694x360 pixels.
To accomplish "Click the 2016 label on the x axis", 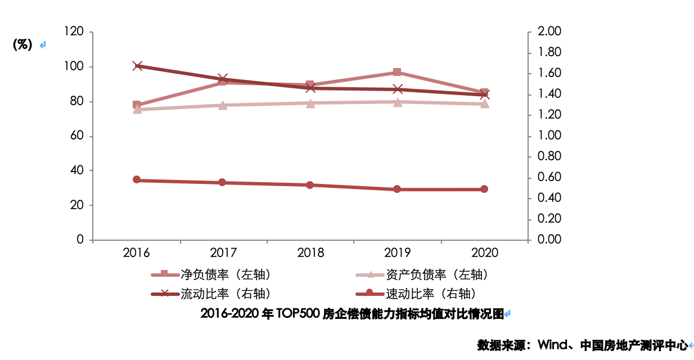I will pos(137,253).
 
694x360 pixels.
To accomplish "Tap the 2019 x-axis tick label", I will pos(397,253).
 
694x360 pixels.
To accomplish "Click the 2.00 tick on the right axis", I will pos(549,33).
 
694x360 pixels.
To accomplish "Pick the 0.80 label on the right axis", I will pos(549,156).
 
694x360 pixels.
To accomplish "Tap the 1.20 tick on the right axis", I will pos(549,115).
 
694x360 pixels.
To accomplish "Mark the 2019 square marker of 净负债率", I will pos(397,72).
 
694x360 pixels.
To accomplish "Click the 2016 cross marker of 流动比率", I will pos(137,66).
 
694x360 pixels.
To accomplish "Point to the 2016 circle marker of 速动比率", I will pos(137,180).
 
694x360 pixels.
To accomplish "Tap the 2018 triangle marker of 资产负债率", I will pos(310,103).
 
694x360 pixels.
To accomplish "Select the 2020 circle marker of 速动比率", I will pos(484,189).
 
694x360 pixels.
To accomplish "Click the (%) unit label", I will pos(22,45).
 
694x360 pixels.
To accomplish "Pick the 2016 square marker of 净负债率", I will pos(137,105).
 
